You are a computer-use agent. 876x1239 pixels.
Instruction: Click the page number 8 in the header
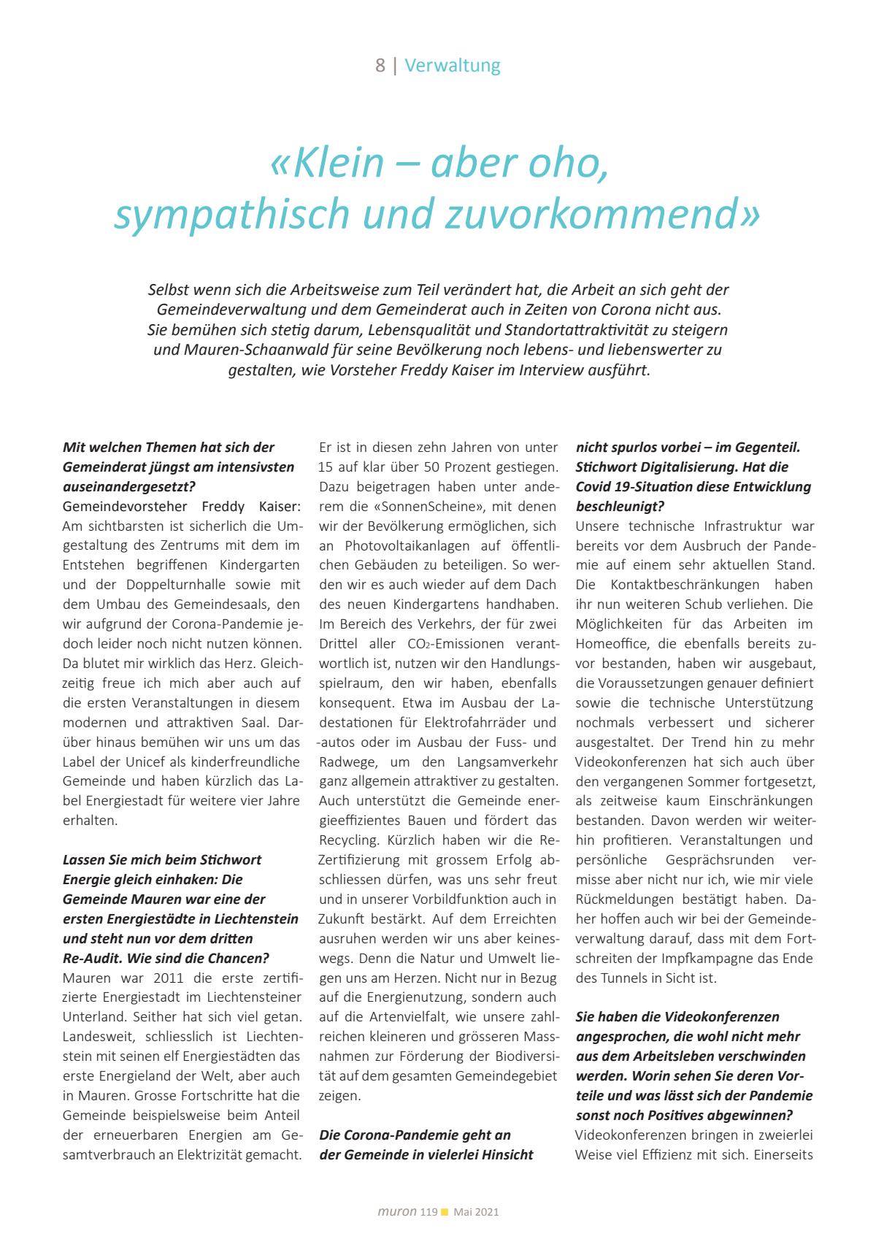tap(380, 66)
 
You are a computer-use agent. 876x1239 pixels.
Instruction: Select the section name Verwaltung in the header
tap(453, 66)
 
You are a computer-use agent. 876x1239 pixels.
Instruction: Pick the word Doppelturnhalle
tap(176, 585)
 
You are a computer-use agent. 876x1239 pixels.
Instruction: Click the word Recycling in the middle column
tap(349, 840)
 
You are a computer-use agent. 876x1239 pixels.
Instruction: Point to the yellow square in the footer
tap(445, 1212)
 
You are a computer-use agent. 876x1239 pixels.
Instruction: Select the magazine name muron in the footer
tap(397, 1212)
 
